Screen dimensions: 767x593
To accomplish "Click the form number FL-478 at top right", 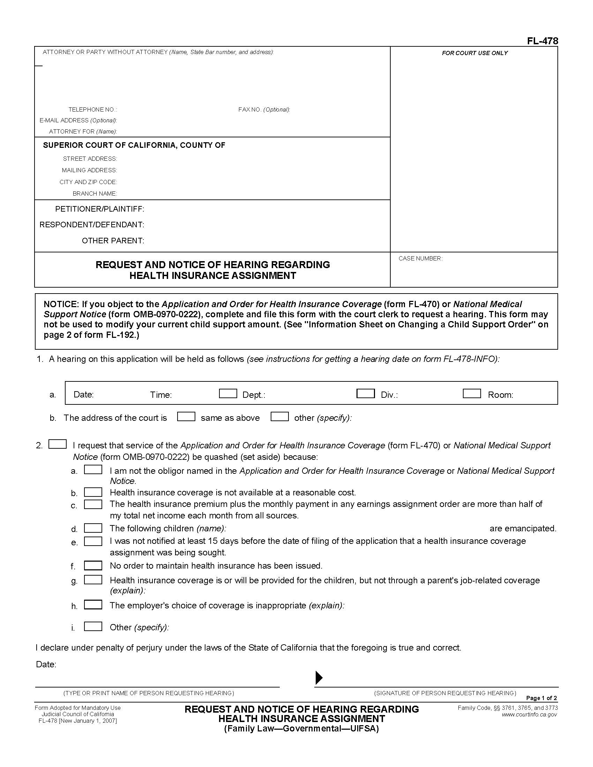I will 542,41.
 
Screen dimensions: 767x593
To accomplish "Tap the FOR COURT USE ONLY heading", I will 475,53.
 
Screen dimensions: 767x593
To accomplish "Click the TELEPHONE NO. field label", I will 93,109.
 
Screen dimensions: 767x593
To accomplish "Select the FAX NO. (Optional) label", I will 264,109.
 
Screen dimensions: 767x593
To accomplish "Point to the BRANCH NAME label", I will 95,193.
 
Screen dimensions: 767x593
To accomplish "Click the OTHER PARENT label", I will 113,241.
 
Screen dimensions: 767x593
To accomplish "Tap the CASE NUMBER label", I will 420,258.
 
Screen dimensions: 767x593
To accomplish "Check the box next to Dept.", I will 228,393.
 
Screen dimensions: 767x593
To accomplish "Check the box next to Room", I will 472,393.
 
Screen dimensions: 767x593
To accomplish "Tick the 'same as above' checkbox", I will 186,417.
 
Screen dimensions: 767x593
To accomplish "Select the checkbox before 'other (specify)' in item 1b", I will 280,417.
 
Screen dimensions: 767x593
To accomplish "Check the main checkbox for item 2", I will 57,444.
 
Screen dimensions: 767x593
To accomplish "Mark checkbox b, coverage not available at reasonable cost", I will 93,492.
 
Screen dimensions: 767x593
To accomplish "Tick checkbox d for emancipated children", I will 93,528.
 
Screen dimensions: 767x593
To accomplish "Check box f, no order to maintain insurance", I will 93,565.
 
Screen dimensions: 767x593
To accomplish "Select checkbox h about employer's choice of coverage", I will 93,605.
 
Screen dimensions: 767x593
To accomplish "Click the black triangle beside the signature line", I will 318,677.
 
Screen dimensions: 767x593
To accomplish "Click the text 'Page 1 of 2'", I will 541,698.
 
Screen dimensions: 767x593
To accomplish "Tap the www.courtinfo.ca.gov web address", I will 529,714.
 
